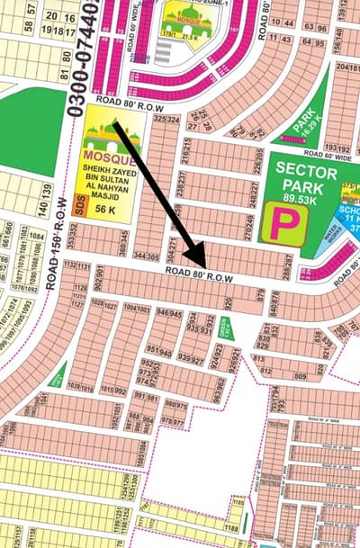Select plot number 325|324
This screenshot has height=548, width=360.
[162, 119]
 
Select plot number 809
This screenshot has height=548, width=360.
[301, 370]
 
